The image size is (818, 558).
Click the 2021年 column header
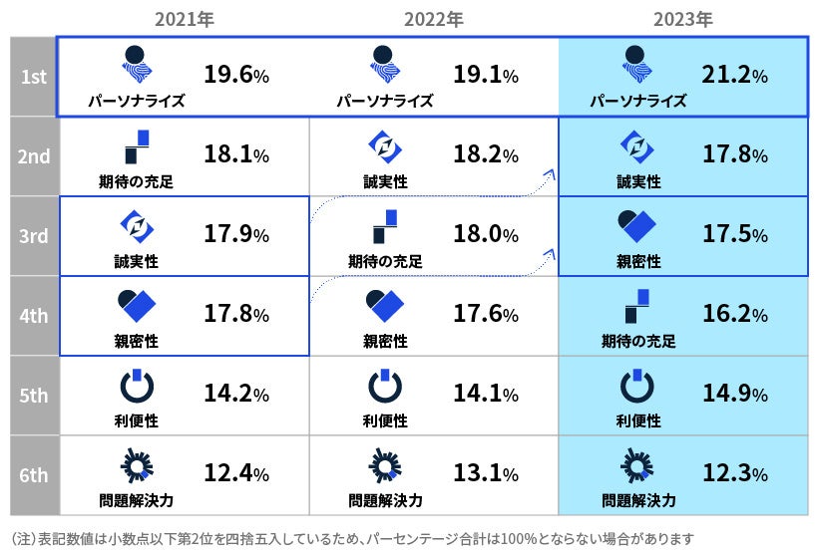coord(185,19)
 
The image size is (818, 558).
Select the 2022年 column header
coord(434,19)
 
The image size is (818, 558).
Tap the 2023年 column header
coord(683,19)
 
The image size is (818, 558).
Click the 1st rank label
coord(34,77)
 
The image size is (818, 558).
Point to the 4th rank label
coord(34,315)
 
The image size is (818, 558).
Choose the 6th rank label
coord(34,474)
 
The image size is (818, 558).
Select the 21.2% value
coord(733,75)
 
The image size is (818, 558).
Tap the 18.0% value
coord(486,235)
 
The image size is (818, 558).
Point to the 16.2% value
coord(733,315)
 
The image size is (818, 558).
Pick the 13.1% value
coord(486,474)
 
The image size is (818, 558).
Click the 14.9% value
coord(733,395)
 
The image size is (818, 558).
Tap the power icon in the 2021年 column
coord(136,386)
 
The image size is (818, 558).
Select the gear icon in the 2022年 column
coord(385,465)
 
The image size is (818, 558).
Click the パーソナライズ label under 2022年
coord(385,101)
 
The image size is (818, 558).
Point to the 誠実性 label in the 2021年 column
coord(136,261)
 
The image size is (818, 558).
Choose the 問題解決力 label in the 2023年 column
coord(638,499)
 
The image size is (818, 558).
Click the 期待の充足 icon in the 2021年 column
coord(136,146)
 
